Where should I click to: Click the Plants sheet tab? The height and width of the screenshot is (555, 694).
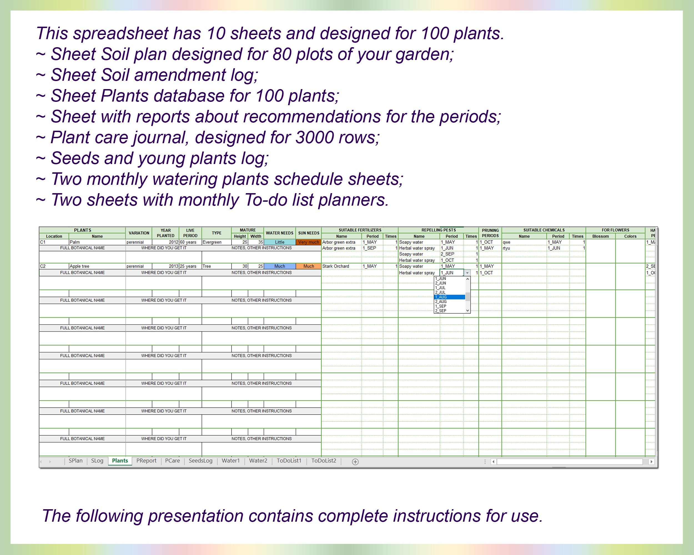[x=120, y=461]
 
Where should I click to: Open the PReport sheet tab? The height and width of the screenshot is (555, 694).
[x=146, y=461]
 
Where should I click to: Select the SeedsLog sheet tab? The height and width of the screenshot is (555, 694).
[x=200, y=461]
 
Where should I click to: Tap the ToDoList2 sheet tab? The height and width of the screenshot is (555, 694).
[x=323, y=461]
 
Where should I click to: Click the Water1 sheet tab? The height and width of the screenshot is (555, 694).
[x=230, y=461]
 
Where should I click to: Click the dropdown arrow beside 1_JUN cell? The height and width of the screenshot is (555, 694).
[x=467, y=273]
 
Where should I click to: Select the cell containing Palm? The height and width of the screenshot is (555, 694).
[x=97, y=242]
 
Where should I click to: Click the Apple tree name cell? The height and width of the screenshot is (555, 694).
[x=97, y=266]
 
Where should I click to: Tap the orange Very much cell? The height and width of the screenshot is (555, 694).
[x=308, y=242]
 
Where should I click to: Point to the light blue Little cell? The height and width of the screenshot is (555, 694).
[x=279, y=242]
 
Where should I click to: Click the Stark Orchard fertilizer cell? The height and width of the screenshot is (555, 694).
[x=341, y=266]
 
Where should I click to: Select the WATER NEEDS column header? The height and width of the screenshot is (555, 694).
[x=279, y=233]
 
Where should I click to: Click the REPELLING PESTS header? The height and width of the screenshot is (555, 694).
[x=438, y=230]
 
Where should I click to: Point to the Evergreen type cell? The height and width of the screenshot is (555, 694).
[x=216, y=242]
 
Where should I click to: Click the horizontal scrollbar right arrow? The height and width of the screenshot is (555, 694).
[x=652, y=462]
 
